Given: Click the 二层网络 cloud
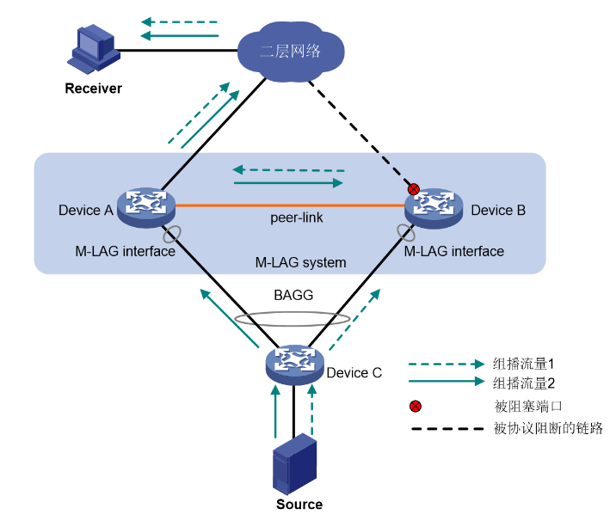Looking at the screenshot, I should (x=291, y=51).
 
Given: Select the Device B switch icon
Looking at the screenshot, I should (x=434, y=206).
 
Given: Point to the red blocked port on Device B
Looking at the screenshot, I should (x=414, y=188).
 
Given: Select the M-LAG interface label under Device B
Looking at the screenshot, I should (x=454, y=251).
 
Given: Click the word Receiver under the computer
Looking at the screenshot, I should (x=93, y=89).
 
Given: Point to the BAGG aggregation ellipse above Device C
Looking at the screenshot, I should (x=293, y=319).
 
